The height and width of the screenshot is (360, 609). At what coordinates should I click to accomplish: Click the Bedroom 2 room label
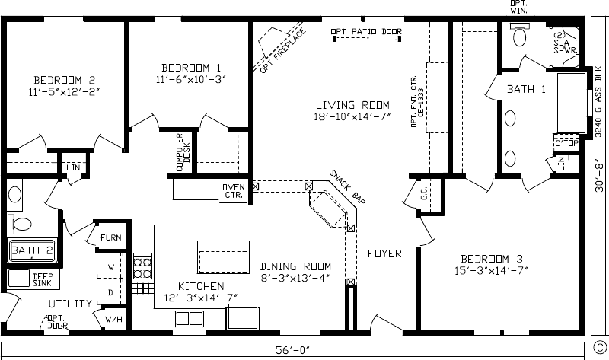pos(64,80)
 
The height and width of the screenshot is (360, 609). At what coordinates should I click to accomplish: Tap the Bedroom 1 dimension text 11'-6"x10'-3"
pos(191,79)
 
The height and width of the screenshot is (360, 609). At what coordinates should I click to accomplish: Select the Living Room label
pos(352,105)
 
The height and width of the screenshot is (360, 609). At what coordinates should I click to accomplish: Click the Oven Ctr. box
pos(234,191)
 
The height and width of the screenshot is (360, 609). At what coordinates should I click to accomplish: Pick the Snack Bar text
pos(347,187)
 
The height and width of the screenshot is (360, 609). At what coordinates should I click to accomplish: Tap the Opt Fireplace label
pos(282,51)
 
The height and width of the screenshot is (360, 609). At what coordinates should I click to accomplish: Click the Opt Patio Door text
pos(366,31)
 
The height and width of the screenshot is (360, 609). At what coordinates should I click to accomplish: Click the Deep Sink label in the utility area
pos(43,279)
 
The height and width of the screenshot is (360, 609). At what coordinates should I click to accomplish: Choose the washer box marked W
pos(110,266)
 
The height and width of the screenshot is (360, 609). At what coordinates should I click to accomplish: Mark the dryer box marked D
pos(110,292)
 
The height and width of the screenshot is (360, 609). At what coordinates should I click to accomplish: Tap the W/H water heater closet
pos(113,319)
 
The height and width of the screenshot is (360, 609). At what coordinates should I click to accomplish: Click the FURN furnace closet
pos(110,237)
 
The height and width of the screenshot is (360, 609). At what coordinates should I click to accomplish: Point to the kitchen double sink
pos(190,318)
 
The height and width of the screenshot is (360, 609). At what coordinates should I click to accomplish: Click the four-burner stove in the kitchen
pos(142,266)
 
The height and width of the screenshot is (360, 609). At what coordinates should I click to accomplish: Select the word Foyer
pos(384,253)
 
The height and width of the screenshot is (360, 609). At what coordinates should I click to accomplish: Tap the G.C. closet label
pos(424,193)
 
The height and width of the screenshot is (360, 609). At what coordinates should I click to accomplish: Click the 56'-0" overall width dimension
pos(292,350)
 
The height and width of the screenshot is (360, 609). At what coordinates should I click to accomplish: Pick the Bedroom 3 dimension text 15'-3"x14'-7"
pos(491,270)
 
